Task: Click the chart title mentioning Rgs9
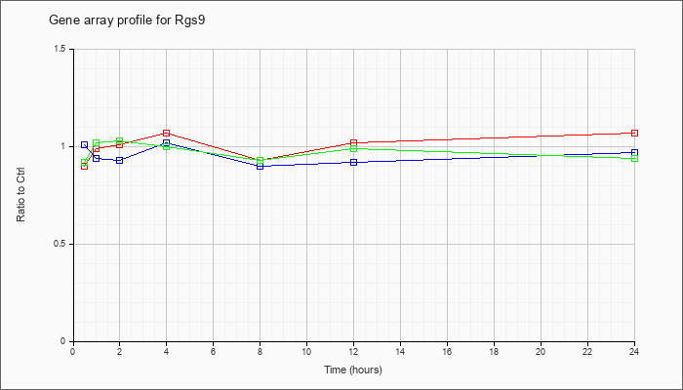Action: click(127, 20)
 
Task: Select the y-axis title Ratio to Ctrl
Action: click(20, 195)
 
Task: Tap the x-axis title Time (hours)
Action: click(353, 370)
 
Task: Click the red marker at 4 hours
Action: click(167, 133)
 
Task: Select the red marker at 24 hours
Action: click(634, 133)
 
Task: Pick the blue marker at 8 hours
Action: click(261, 166)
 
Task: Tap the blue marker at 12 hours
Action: click(353, 163)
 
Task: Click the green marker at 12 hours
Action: click(353, 148)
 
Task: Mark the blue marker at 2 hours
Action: click(119, 160)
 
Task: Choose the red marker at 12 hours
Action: click(353, 142)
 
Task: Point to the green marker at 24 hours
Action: click(634, 158)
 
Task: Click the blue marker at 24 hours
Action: click(634, 152)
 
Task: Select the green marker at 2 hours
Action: click(119, 141)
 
